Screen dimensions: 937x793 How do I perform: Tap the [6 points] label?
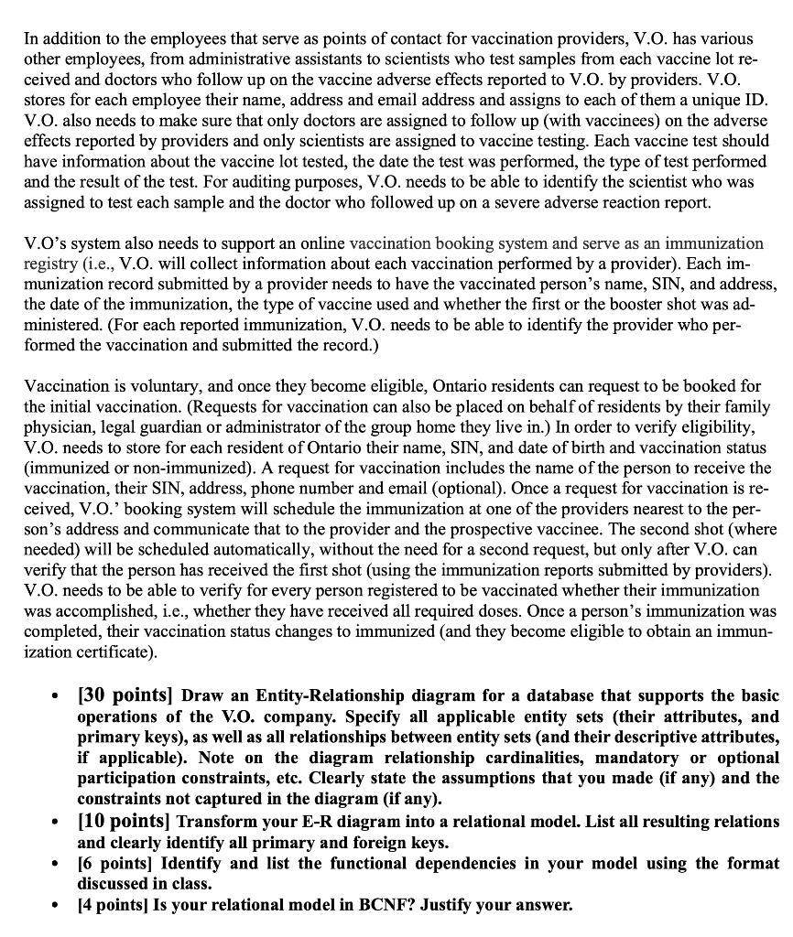[116, 863]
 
